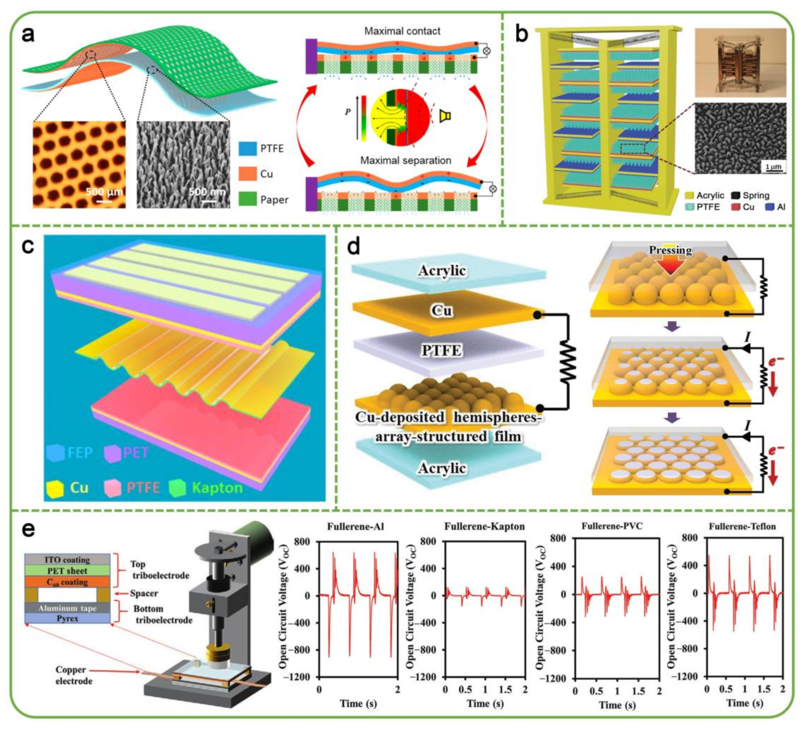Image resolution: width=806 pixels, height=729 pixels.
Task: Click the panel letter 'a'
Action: click(28, 35)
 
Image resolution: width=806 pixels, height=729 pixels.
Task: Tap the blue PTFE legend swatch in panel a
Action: click(247, 149)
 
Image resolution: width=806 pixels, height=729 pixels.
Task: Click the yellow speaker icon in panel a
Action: click(445, 116)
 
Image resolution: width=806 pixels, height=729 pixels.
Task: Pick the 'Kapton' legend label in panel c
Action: click(217, 488)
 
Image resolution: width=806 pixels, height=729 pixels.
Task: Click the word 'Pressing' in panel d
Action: click(671, 250)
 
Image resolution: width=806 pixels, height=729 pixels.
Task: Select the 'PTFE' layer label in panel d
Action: click(441, 350)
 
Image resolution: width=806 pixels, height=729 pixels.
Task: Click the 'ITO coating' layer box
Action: click(67, 560)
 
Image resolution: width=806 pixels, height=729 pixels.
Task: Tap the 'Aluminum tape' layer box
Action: click(67, 608)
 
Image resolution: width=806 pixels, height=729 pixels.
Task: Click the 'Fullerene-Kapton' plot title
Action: click(484, 526)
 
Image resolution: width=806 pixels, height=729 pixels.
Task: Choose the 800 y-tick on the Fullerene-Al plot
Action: click(302, 542)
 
